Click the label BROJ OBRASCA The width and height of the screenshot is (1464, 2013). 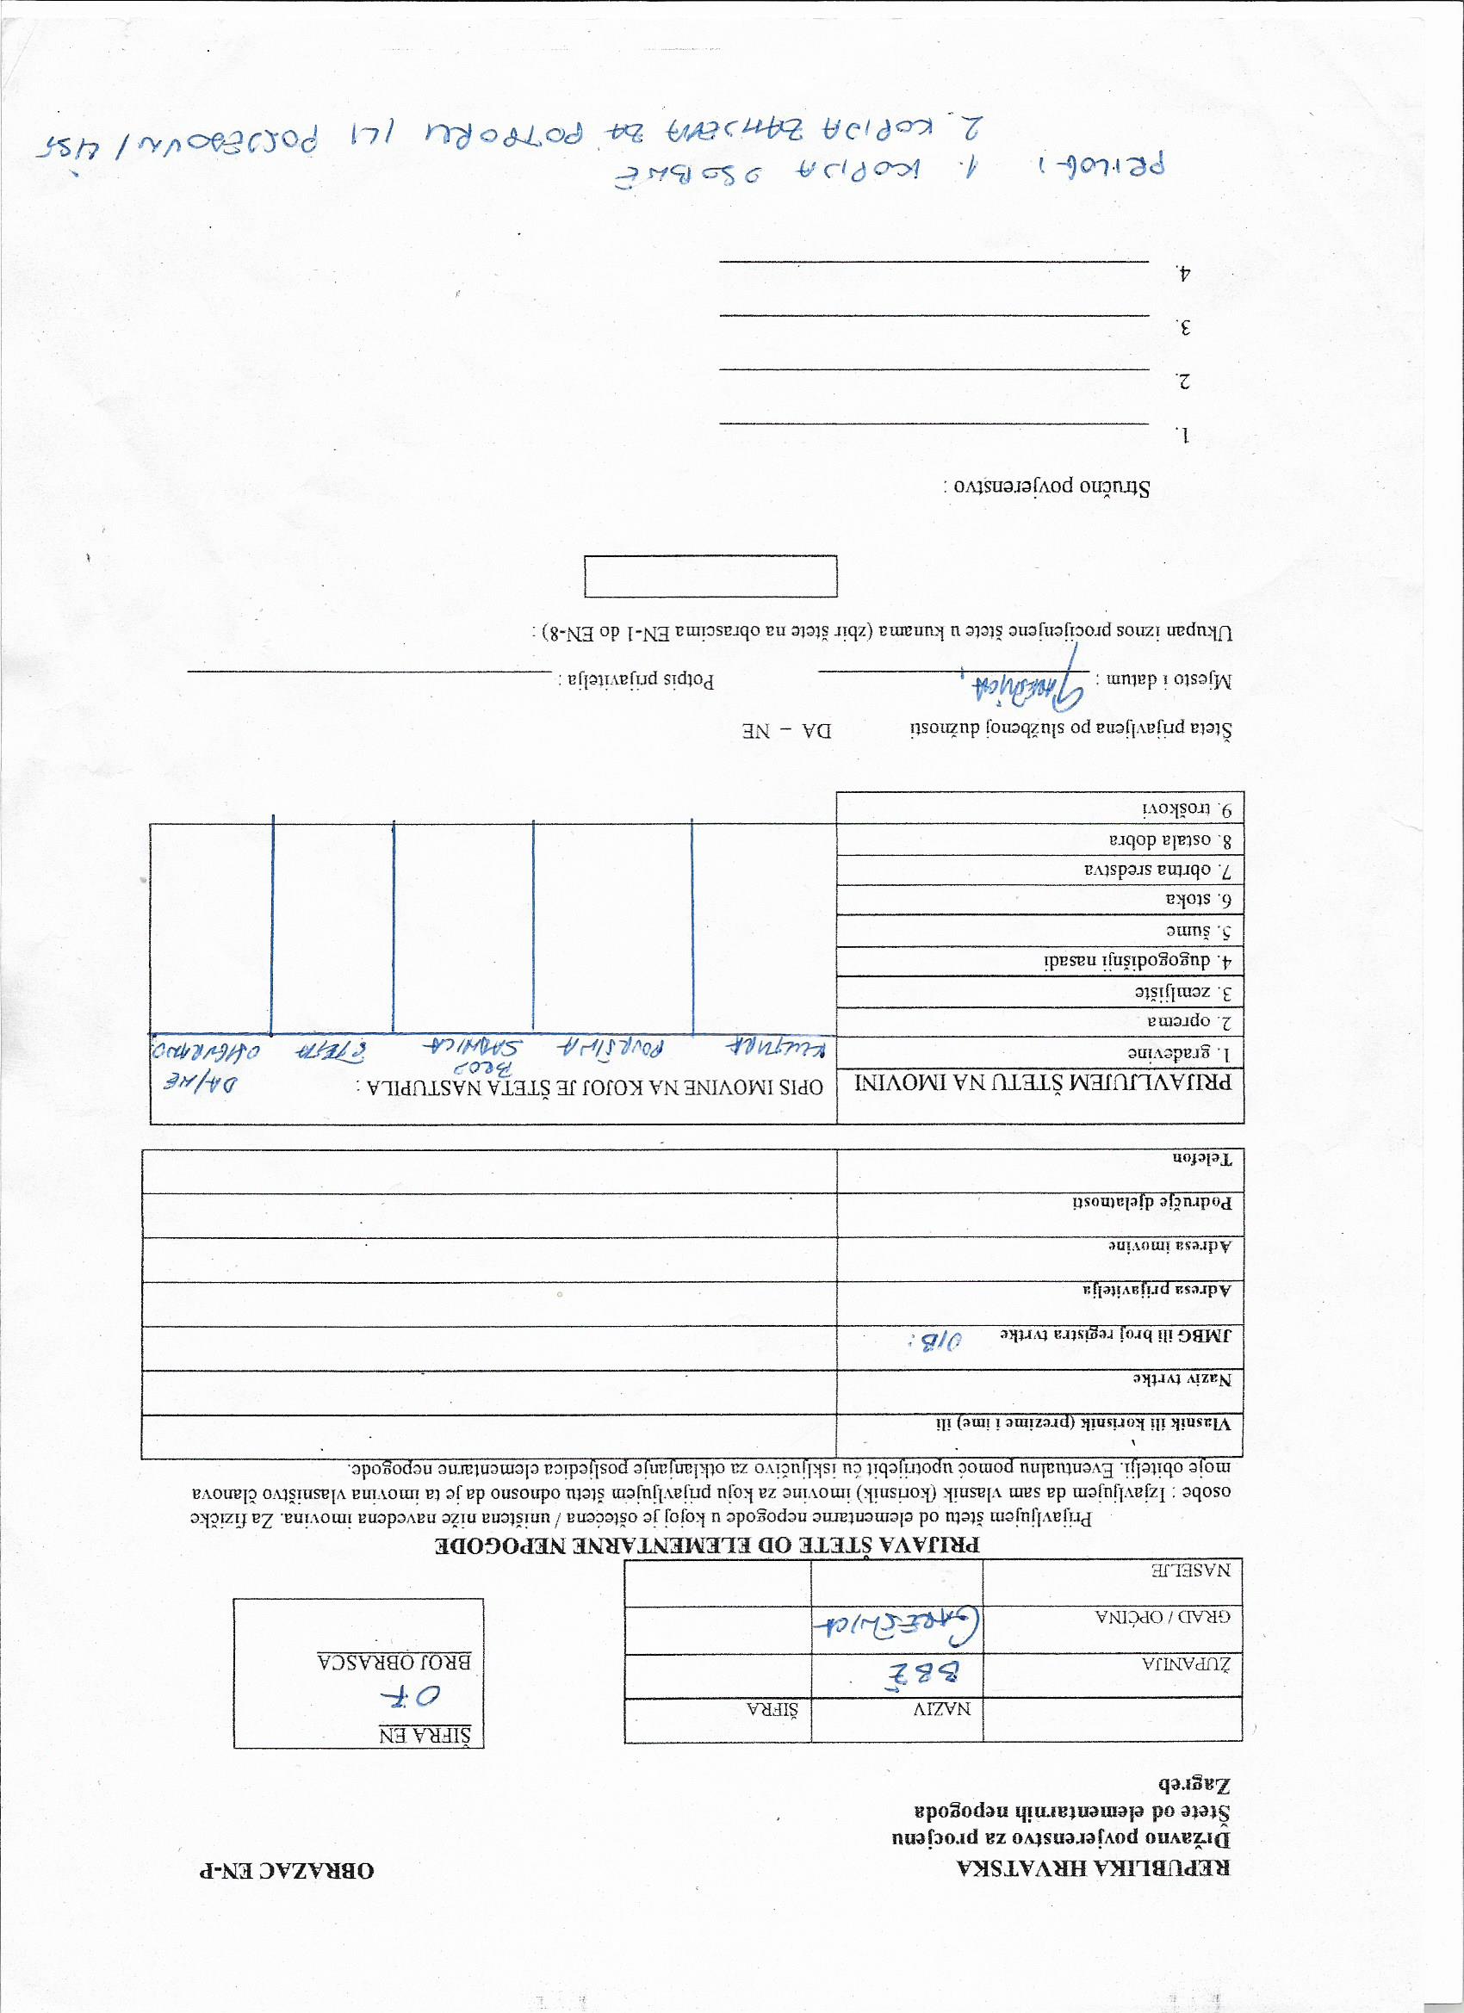[x=395, y=1660]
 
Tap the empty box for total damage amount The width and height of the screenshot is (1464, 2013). [x=710, y=576]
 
